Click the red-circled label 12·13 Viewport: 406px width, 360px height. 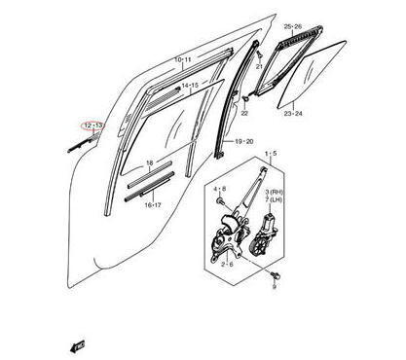(93, 125)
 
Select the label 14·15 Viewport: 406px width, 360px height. (191, 86)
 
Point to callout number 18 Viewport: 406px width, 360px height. (149, 162)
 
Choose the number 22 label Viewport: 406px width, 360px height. (245, 115)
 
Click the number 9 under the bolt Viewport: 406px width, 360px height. (276, 288)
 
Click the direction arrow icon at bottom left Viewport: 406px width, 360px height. (74, 342)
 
